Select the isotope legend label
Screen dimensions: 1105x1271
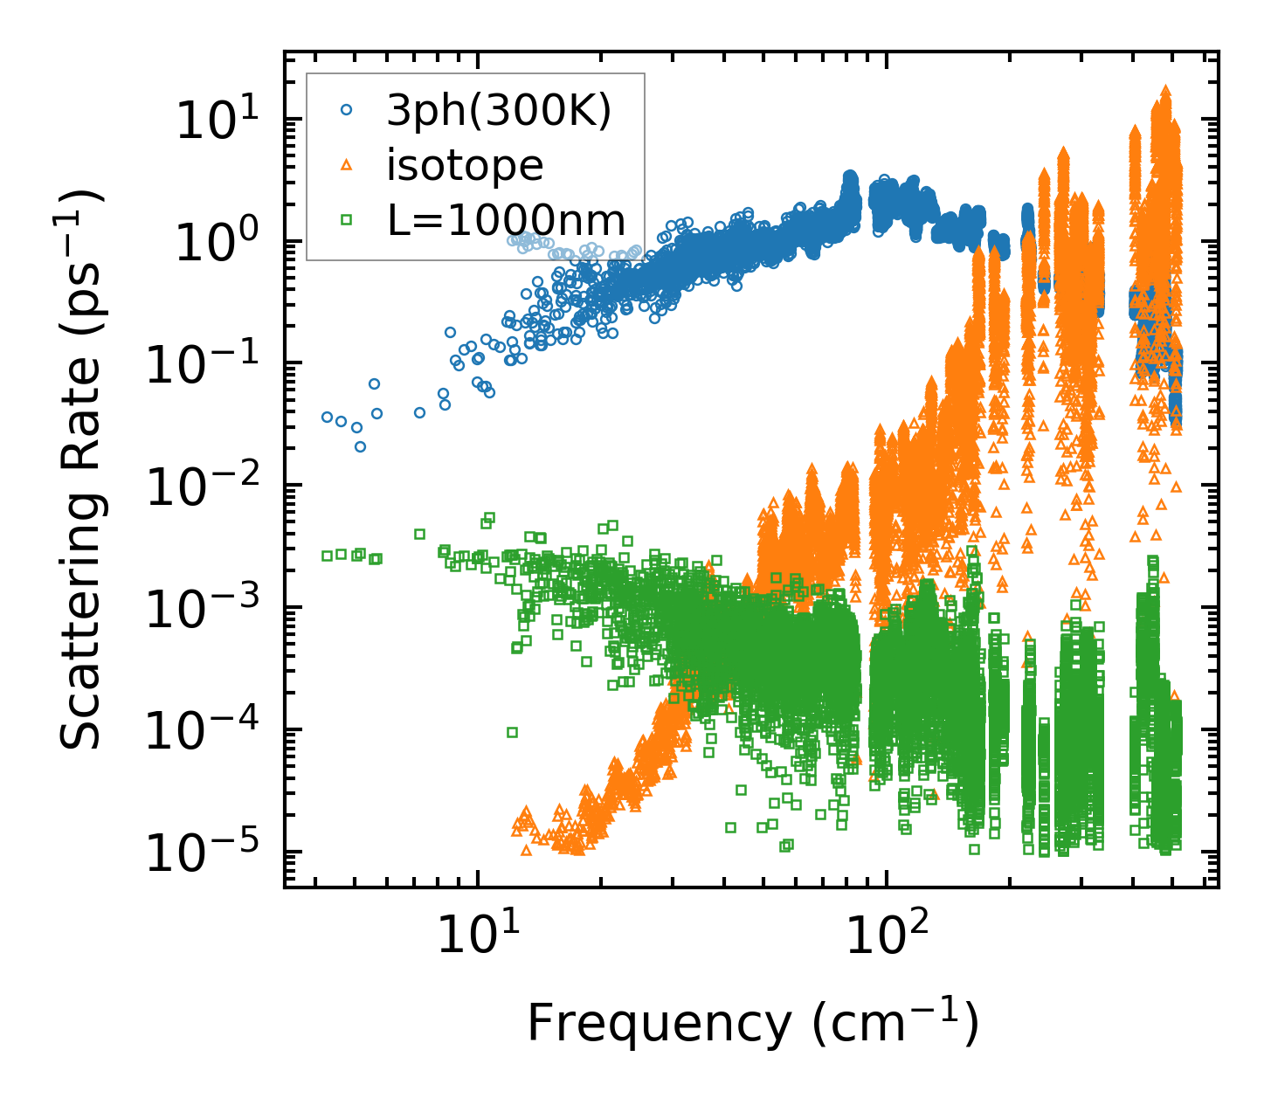(465, 165)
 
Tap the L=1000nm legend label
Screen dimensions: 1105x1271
(507, 220)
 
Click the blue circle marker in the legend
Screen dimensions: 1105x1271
(347, 111)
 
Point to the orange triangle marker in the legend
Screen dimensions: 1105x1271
(347, 165)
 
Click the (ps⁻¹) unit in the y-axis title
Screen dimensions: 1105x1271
(79, 253)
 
